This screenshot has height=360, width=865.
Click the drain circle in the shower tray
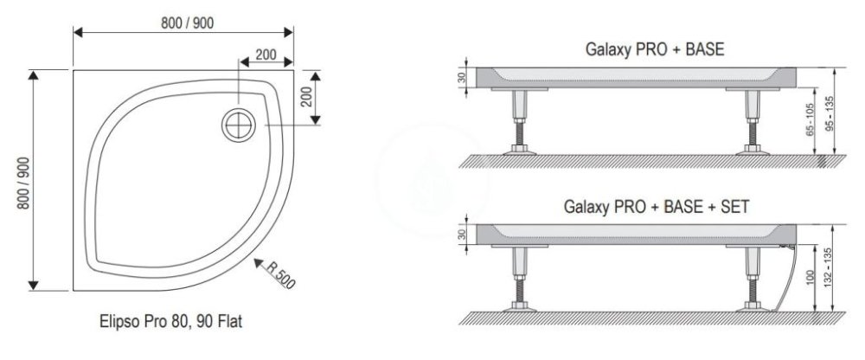(x=239, y=125)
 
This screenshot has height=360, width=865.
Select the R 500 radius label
(x=281, y=274)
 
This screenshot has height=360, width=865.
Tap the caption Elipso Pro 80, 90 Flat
(x=171, y=321)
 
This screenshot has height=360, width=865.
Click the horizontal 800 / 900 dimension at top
(x=187, y=23)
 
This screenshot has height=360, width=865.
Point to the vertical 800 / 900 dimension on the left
(x=23, y=183)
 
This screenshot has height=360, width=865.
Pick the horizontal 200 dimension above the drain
(x=266, y=55)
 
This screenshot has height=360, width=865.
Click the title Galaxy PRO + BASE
(x=654, y=49)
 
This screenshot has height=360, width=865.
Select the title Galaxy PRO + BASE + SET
(x=656, y=207)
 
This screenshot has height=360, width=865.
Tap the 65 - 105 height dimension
(x=810, y=121)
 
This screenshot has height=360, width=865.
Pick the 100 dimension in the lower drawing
(x=809, y=278)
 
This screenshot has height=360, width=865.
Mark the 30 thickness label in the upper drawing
(x=462, y=77)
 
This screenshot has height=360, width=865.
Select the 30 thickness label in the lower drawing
(x=462, y=235)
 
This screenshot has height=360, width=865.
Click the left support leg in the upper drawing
(x=519, y=123)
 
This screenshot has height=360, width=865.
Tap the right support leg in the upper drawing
(x=753, y=123)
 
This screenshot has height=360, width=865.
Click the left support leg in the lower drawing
(x=519, y=280)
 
